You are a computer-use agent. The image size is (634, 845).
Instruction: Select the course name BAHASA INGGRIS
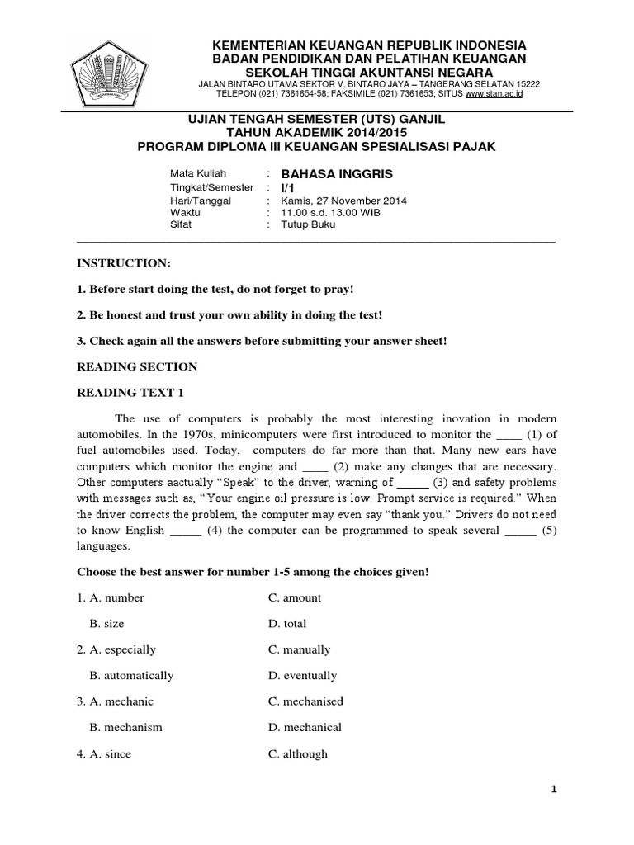tap(337, 174)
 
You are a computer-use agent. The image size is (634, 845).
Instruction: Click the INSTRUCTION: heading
tap(124, 262)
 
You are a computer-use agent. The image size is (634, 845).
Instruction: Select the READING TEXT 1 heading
tap(130, 393)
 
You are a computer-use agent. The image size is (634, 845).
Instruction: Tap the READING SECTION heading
tap(137, 366)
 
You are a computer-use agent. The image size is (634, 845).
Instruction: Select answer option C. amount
tap(295, 597)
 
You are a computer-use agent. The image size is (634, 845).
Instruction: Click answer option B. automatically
tap(131, 675)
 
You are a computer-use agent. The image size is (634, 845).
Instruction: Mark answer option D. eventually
tap(302, 675)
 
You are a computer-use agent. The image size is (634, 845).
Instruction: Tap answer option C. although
tap(297, 753)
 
